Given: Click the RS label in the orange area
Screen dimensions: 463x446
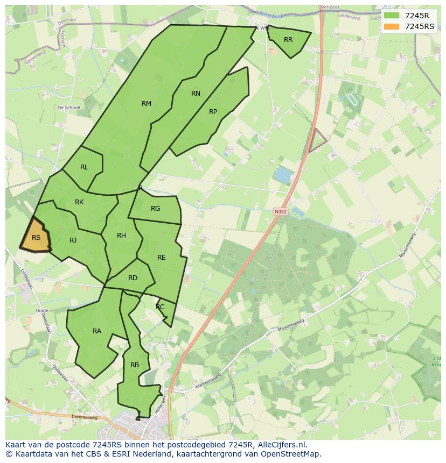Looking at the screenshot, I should [36, 238].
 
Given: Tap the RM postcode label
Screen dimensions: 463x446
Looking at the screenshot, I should [147, 104].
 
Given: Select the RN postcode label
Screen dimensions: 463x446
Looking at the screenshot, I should [196, 94].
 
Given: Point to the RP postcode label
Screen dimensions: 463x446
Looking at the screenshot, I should [213, 112].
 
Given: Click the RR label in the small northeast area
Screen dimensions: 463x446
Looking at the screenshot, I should [288, 40].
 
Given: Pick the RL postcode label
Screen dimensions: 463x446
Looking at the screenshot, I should [84, 167].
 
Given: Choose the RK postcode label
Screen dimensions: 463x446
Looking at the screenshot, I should [79, 202].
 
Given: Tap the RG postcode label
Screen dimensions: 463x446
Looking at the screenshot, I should [156, 209].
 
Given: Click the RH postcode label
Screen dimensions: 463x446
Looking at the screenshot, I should [121, 236].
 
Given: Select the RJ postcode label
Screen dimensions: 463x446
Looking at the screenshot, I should [73, 240].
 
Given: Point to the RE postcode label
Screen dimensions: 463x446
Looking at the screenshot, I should [162, 258].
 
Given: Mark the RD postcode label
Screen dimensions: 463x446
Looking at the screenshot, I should [133, 278].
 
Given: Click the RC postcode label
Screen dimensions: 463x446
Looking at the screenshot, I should [160, 307].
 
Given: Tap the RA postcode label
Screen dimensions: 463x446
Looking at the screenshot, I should [97, 331].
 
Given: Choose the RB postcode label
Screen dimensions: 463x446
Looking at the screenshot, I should [135, 365].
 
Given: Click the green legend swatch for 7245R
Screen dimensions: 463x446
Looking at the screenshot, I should [392, 16].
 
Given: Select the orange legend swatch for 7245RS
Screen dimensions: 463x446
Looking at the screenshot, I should [392, 26].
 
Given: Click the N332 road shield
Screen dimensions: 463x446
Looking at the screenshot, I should [280, 212].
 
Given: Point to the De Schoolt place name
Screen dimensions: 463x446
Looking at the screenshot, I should [69, 108].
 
